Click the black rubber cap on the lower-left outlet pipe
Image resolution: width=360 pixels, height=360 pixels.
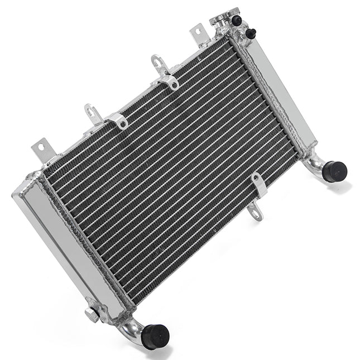pos(156,336)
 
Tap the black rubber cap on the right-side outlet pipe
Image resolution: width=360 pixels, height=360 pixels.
pos(335,171)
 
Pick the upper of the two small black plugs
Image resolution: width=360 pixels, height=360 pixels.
pos(237,20)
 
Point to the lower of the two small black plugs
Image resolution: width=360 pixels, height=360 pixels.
pos(251,33)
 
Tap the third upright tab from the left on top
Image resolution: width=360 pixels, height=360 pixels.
pos(159,64)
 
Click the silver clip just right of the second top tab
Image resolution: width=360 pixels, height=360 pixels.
pos(117,119)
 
